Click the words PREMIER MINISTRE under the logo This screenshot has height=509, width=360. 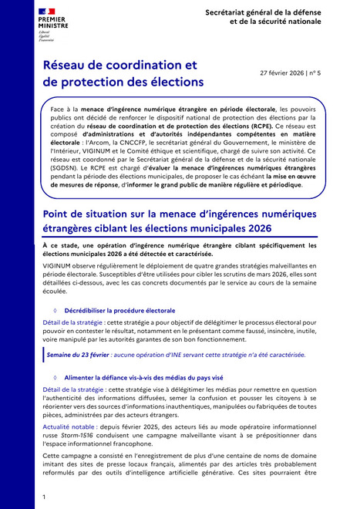[x=51, y=26]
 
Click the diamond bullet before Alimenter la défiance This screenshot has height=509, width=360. [x=55, y=377]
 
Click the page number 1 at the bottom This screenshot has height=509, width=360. [x=45, y=497]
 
